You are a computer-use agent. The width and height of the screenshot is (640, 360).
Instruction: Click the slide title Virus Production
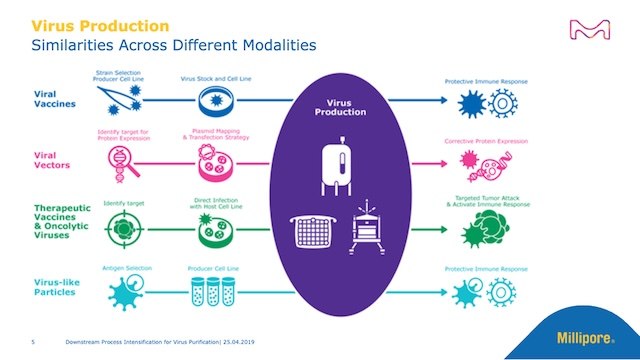click(99, 23)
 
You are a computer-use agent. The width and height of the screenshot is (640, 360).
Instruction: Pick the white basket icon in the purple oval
click(309, 231)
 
